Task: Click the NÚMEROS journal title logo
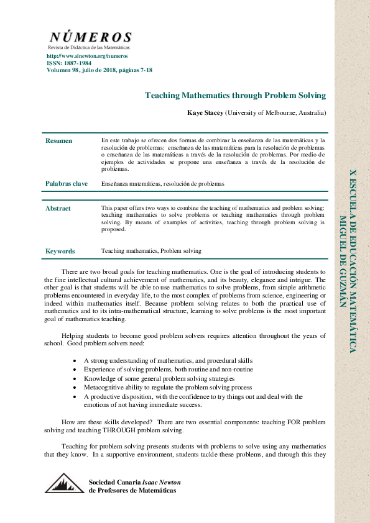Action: [90, 37]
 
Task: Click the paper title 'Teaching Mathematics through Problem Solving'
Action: [235, 95]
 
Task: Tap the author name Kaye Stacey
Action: [205, 113]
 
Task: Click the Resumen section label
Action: [58, 141]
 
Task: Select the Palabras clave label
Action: [66, 184]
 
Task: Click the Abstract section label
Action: [58, 209]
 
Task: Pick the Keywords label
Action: [60, 252]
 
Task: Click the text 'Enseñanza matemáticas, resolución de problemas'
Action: [162, 184]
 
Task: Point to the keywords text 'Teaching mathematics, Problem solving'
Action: [151, 251]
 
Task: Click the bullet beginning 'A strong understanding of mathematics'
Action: [168, 360]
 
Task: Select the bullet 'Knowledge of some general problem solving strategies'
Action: [159, 378]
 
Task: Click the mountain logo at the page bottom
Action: [64, 483]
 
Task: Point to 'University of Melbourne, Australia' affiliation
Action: [275, 113]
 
